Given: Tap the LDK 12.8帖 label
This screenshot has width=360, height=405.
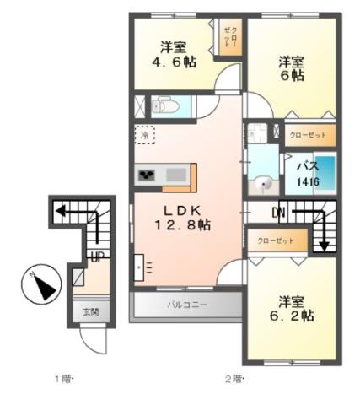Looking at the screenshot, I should click(181, 218).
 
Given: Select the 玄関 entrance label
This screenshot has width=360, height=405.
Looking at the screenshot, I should click(89, 311).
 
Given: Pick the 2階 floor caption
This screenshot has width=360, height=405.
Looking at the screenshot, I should click(232, 379).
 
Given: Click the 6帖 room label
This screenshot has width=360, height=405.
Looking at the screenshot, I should click(291, 68).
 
